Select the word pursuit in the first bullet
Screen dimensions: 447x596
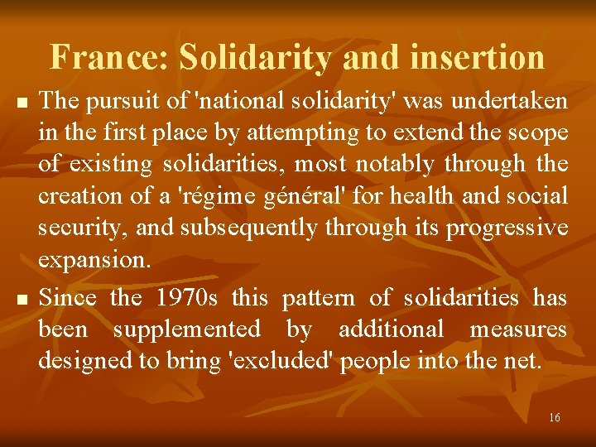click(112, 102)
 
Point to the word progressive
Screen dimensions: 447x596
click(507, 228)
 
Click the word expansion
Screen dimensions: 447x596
click(94, 259)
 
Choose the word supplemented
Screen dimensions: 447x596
click(186, 329)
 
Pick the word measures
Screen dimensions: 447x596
click(518, 329)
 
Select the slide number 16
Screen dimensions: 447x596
click(554, 417)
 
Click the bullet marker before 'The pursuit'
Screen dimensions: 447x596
click(22, 103)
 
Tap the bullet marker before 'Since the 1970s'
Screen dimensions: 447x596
click(22, 298)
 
